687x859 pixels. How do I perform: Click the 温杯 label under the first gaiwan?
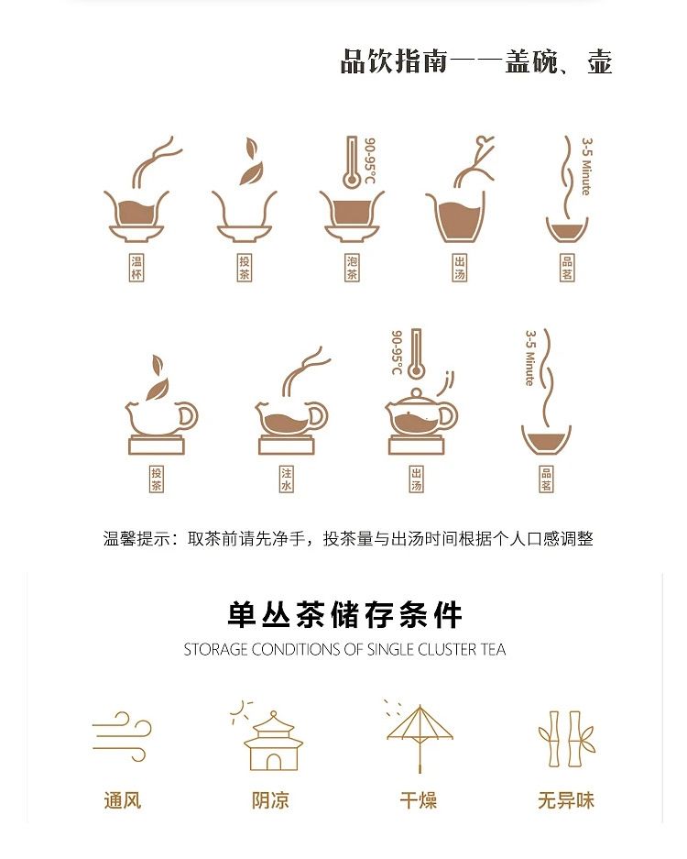click(136, 268)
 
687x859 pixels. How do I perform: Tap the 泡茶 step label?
click(352, 268)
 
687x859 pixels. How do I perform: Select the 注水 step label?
click(287, 479)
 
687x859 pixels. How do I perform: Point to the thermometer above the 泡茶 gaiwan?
click(351, 162)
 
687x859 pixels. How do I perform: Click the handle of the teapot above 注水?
click(317, 417)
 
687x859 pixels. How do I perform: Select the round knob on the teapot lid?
click(417, 392)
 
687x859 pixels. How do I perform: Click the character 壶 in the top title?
click(599, 61)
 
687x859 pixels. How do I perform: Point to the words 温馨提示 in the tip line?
click(136, 538)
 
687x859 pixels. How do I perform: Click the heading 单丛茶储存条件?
click(344, 614)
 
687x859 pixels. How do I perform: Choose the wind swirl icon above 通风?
click(122, 736)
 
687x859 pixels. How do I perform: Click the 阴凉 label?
click(270, 800)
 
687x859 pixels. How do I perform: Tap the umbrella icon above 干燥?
click(420, 737)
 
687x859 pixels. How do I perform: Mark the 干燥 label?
click(419, 800)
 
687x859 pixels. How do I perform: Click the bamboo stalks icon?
click(566, 739)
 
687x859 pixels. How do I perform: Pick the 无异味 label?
click(566, 800)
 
